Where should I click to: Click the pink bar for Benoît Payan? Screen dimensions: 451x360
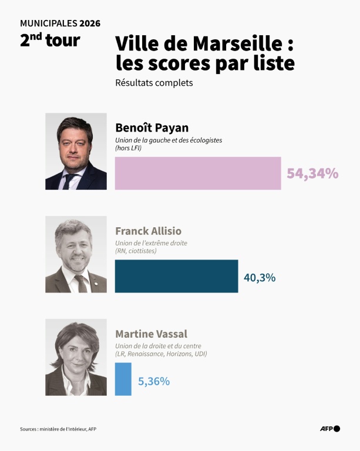(x=198, y=173)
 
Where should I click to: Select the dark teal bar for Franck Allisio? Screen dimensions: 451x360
(x=176, y=276)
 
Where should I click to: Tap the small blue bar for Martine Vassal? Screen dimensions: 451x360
(x=123, y=379)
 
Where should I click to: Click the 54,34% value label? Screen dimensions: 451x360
(x=312, y=173)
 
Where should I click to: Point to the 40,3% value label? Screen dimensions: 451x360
(x=260, y=277)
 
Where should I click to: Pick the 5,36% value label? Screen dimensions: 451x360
(x=154, y=381)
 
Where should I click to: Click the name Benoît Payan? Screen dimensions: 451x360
(x=152, y=127)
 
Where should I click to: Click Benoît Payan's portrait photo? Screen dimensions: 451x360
(x=76, y=152)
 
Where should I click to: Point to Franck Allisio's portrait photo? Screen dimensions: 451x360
(x=76, y=254)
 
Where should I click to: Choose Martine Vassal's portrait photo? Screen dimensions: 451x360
(x=76, y=357)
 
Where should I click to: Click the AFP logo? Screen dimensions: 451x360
(x=329, y=428)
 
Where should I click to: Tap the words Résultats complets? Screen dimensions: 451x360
(x=154, y=83)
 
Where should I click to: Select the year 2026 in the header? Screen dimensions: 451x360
(x=87, y=23)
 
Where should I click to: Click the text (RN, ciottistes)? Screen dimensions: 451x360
(x=140, y=251)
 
